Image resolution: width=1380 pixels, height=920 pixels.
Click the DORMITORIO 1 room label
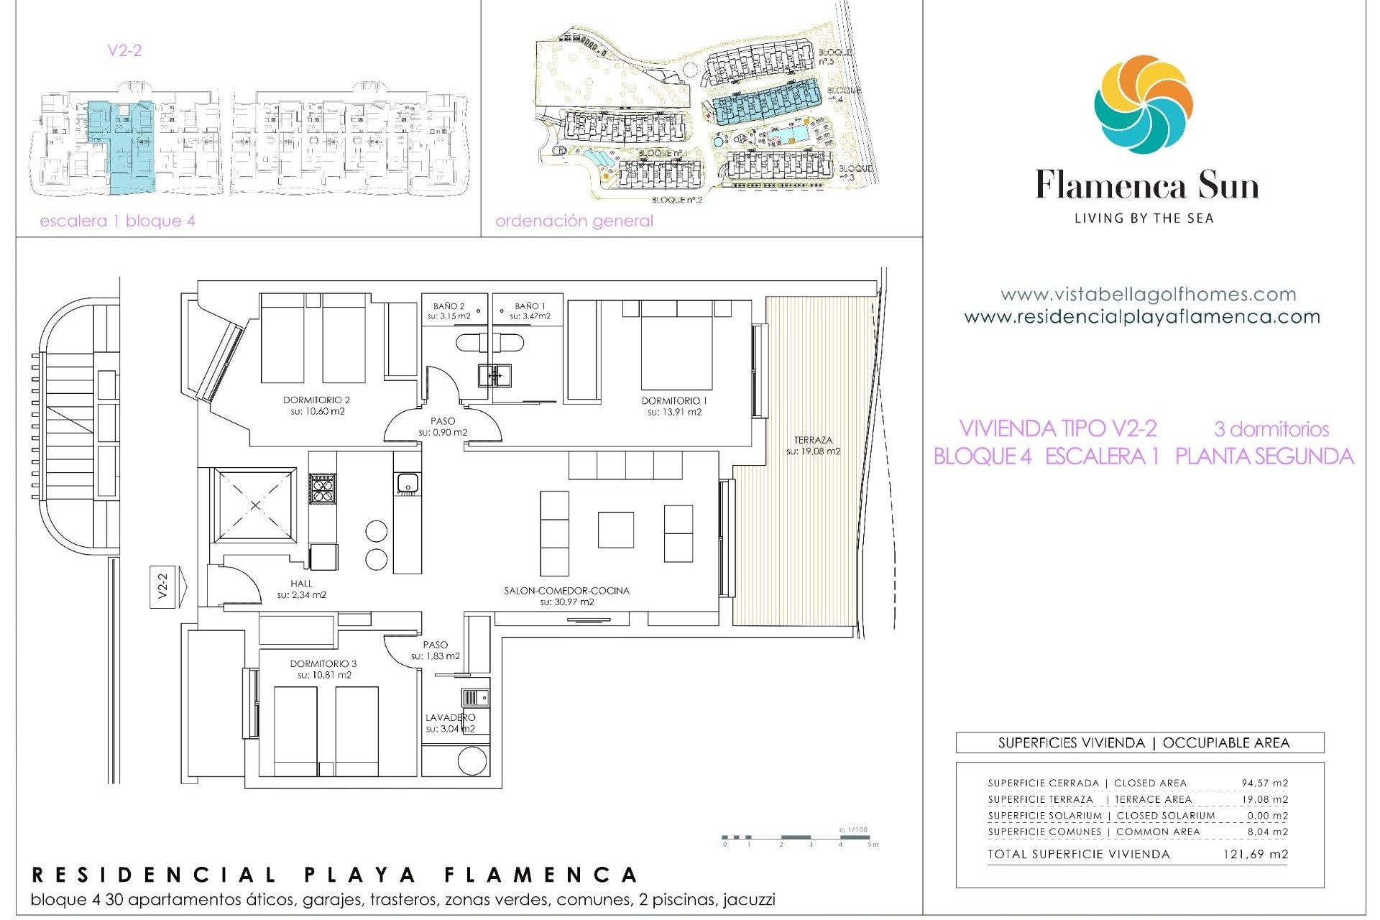[x=674, y=401]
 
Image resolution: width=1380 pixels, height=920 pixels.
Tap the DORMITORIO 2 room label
[x=316, y=400]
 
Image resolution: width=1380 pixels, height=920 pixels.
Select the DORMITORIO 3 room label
[x=323, y=664]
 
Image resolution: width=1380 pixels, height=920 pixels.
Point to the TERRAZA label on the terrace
[x=813, y=440]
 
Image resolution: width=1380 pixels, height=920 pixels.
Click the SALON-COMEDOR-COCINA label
[x=566, y=591]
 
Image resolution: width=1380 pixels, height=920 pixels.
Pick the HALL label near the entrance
[x=302, y=584]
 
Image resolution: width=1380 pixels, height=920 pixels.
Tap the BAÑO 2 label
[x=449, y=306]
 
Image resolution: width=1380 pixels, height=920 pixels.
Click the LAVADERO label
[x=450, y=717]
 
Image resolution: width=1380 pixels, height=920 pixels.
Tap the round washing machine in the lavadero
[x=471, y=761]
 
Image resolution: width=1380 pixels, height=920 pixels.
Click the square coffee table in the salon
[x=615, y=530]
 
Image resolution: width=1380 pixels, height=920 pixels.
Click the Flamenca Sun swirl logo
[x=1144, y=104]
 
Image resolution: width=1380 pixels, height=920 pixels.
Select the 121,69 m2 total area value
[x=1255, y=855]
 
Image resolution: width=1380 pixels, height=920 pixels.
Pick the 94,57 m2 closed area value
[x=1264, y=783]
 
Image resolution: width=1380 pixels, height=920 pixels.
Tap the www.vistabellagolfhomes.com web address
[x=1148, y=295]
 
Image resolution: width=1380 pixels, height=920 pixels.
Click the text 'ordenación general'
[x=574, y=221]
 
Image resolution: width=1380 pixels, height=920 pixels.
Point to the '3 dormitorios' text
[x=1271, y=429]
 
